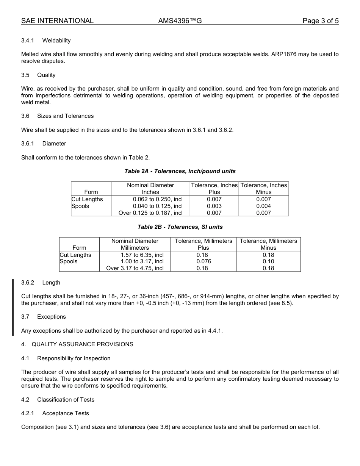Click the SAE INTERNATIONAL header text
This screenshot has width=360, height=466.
click(57, 21)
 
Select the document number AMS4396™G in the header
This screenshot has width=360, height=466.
click(180, 21)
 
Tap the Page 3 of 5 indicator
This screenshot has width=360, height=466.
click(320, 21)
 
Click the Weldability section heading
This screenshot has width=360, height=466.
click(56, 41)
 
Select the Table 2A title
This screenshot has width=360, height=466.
click(180, 171)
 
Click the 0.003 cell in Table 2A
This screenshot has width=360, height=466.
click(214, 206)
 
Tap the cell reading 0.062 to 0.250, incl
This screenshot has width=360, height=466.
click(158, 199)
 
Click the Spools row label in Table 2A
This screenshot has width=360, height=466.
click(80, 206)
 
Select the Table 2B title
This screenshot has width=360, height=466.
click(180, 227)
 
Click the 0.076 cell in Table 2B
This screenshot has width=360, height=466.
click(203, 261)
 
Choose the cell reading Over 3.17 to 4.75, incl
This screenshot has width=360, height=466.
click(135, 268)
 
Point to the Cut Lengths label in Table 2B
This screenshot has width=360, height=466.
click(75, 255)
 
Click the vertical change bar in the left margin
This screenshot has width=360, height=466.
click(13, 307)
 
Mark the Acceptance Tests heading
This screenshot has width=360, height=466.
click(65, 413)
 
